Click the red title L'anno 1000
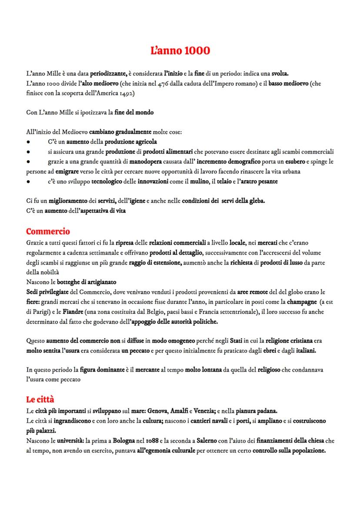tap(180, 51)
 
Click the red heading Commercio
tap(48, 231)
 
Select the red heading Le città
tap(40, 398)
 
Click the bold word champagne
tap(300, 302)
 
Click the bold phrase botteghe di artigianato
tap(84, 282)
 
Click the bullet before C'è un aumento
tap(28, 142)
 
